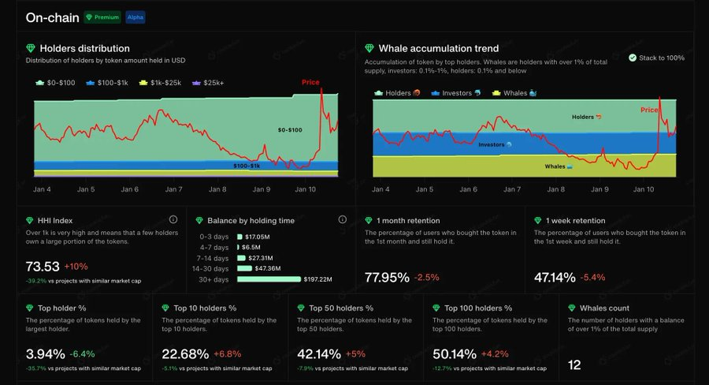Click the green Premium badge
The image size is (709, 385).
coord(102,17)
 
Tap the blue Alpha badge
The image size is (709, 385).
coord(135,17)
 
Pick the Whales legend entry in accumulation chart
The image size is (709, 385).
coord(514,93)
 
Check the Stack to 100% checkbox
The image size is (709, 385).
coord(633,58)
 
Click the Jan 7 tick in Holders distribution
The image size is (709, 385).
coord(174,189)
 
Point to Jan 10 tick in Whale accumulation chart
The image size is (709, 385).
coord(644,189)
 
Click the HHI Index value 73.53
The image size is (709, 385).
coord(43,267)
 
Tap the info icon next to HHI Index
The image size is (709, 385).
coord(173,220)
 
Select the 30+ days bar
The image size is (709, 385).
coord(269,278)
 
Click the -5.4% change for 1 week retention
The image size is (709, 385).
coord(592,277)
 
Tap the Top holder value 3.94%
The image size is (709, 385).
coord(45,353)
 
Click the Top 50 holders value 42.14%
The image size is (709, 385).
coord(319,353)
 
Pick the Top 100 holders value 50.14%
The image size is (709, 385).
coord(455,353)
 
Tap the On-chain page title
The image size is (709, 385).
coord(51,17)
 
